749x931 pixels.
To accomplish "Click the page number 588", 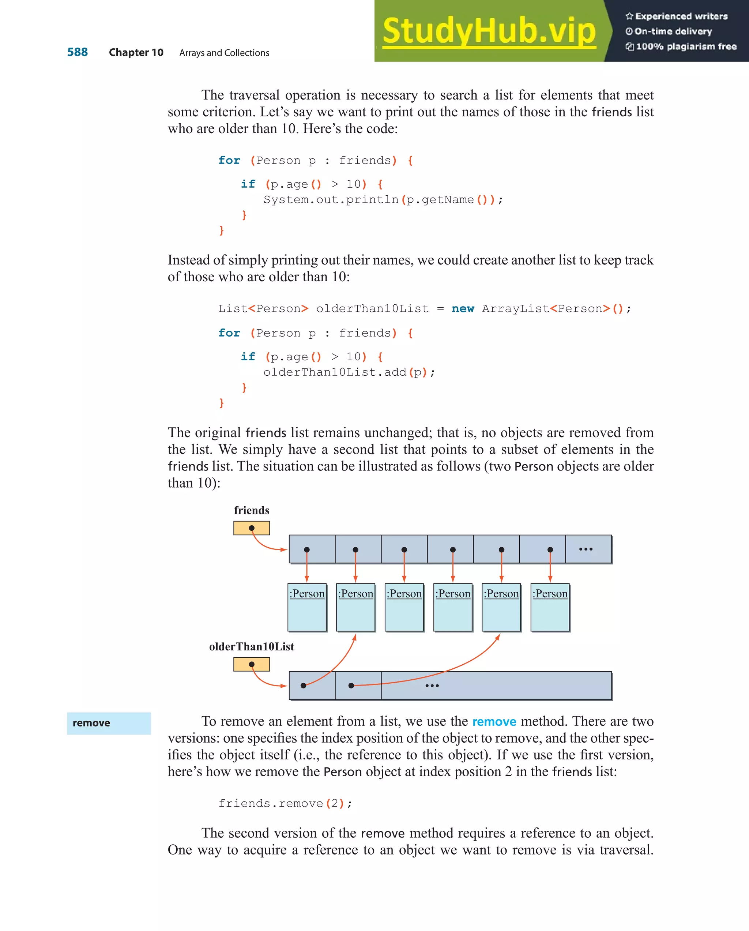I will [77, 52].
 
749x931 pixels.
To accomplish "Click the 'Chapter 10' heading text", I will [136, 53].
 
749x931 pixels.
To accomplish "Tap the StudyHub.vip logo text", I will [489, 31].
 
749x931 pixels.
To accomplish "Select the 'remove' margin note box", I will [109, 723].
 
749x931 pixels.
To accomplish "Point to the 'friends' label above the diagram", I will [251, 510].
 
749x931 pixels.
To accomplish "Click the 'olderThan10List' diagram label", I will [251, 646].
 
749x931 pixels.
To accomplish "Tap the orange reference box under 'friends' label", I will [251, 528].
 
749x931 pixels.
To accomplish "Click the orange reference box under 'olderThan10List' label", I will [251, 664].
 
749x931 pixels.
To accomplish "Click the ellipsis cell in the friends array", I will [586, 549].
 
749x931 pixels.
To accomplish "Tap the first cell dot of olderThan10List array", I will [304, 685].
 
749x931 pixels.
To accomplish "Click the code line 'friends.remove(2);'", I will [285, 803].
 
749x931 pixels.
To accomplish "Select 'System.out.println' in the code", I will [331, 199].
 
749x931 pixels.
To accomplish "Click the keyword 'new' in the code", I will [463, 309].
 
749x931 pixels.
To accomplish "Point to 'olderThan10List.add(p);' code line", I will [349, 372].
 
